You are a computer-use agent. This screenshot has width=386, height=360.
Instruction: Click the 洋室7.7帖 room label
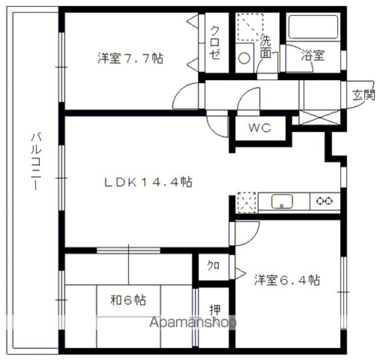tap(130, 58)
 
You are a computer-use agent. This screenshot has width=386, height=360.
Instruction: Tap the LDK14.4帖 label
tap(148, 182)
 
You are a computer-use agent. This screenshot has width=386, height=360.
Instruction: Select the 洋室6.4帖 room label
tap(287, 280)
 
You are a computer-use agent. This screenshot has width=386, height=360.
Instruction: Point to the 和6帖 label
tap(128, 300)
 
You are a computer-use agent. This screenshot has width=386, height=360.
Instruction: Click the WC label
tap(260, 128)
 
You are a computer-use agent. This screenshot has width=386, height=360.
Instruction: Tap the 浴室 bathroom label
tap(313, 55)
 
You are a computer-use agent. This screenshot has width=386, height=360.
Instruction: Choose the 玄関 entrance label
tap(363, 95)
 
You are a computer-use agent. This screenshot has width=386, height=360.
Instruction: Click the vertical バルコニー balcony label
tap(36, 162)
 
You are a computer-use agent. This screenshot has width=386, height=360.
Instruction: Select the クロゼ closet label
tap(215, 43)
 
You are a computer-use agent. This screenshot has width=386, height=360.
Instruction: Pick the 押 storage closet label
tap(215, 310)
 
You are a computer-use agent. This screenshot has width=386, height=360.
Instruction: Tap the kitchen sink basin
tap(282, 201)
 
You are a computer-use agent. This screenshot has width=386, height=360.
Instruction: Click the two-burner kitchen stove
tap(324, 201)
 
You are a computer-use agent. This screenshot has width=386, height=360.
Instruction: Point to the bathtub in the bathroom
tap(313, 27)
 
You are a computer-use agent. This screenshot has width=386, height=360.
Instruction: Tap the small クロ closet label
tap(213, 266)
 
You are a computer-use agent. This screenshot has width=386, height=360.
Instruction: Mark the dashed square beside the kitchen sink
tap(247, 202)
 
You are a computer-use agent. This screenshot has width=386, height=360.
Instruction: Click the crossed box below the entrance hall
tap(320, 118)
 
